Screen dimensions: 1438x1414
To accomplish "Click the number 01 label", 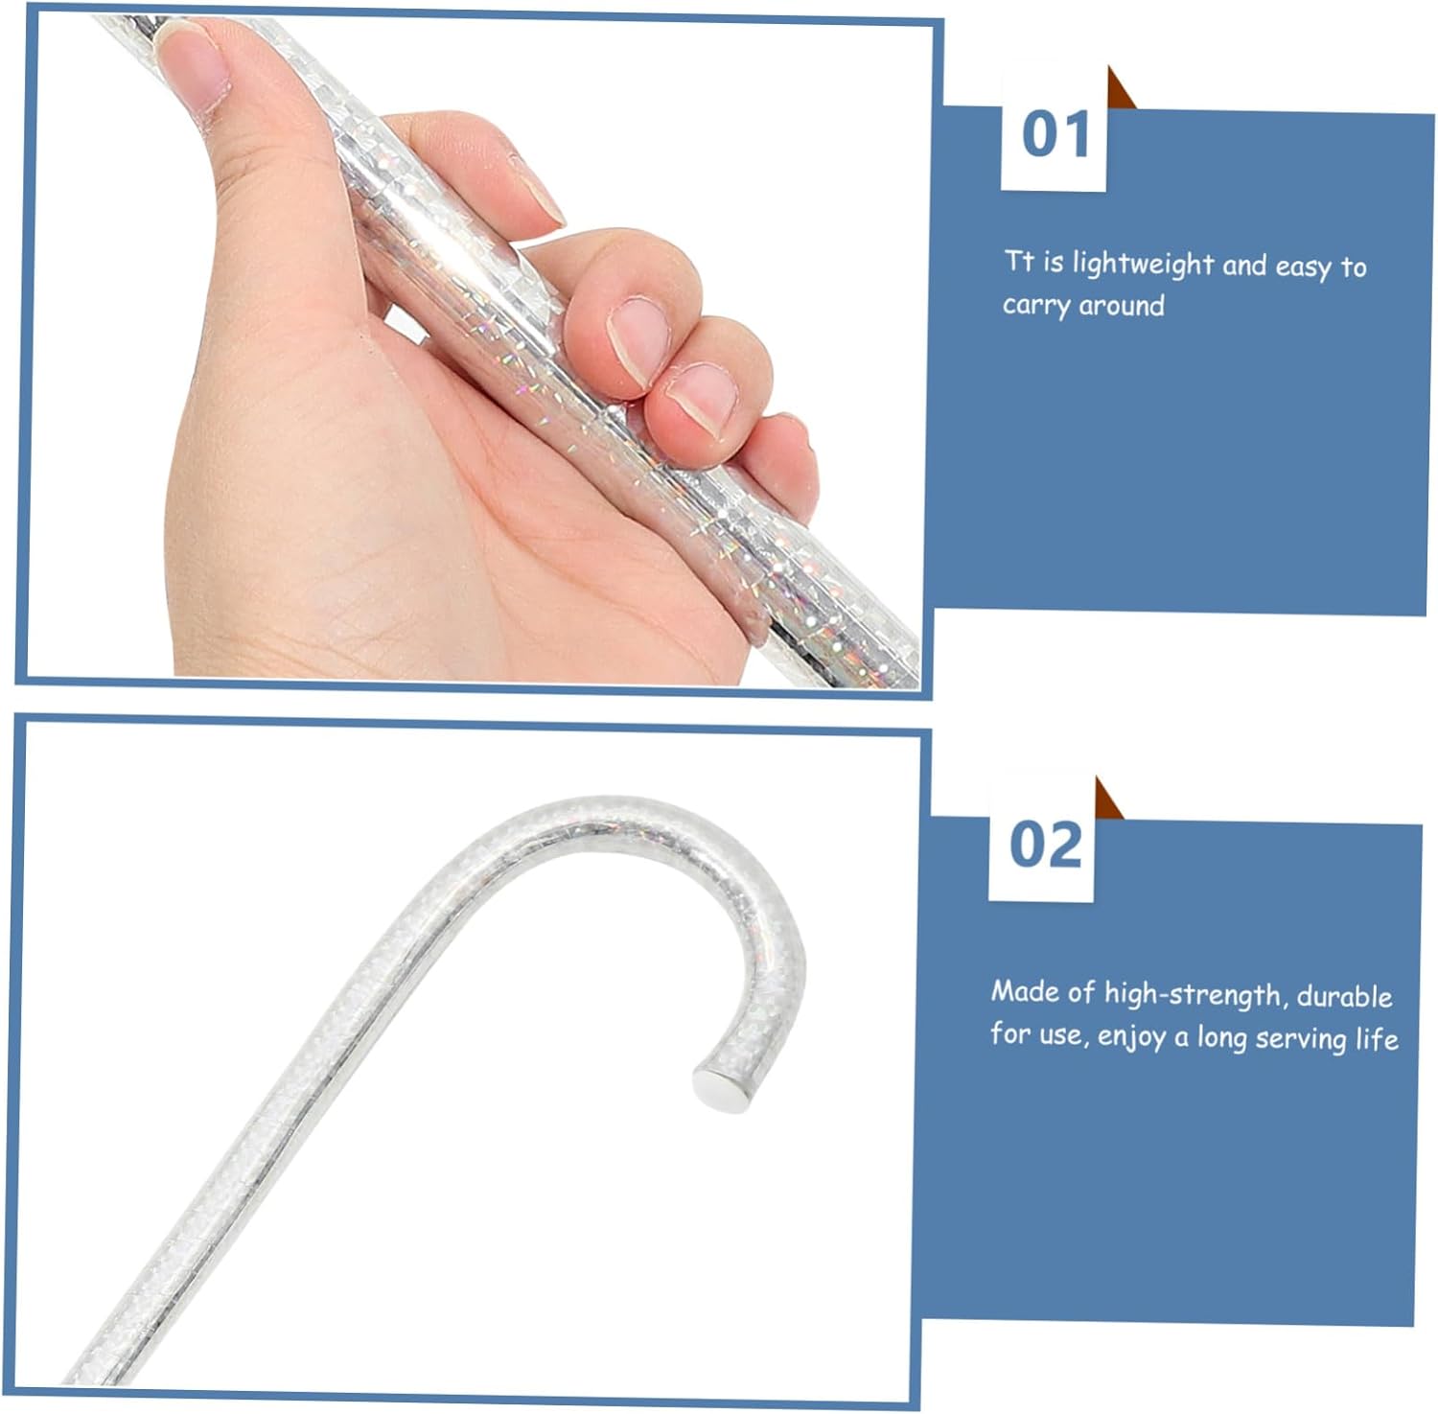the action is (x=1055, y=134).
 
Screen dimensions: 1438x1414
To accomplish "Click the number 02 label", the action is (x=1044, y=845).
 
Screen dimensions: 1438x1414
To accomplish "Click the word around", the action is (x=1122, y=306).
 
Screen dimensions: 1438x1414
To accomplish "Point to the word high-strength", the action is (x=1193, y=995).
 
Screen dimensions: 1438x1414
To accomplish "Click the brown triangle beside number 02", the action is (x=1109, y=799).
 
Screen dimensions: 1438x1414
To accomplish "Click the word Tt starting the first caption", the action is (x=1018, y=261).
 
